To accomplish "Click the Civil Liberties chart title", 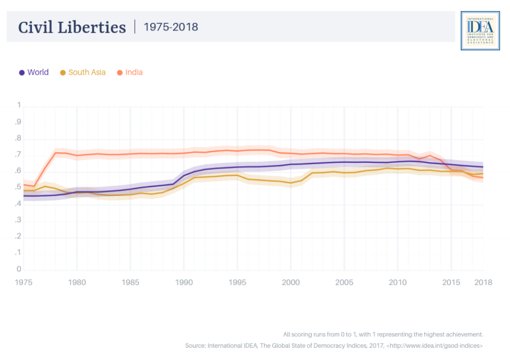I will click(72, 27).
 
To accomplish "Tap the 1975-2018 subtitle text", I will click(171, 27).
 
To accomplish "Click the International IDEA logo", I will click(480, 31).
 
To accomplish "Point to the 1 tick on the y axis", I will click(19, 105).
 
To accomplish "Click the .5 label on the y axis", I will click(19, 187).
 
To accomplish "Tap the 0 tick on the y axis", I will click(19, 269).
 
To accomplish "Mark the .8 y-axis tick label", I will click(19, 138).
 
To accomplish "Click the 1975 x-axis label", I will click(24, 282).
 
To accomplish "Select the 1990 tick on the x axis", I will click(183, 282).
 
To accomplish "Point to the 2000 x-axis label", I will click(290, 282).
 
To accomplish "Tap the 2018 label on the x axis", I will click(483, 282).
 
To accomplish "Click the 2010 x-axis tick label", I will click(397, 282).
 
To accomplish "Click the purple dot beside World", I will click(22, 73).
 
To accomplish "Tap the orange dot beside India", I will click(120, 73).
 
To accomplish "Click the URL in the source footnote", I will click(435, 346).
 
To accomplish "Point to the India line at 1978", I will click(56, 153).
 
